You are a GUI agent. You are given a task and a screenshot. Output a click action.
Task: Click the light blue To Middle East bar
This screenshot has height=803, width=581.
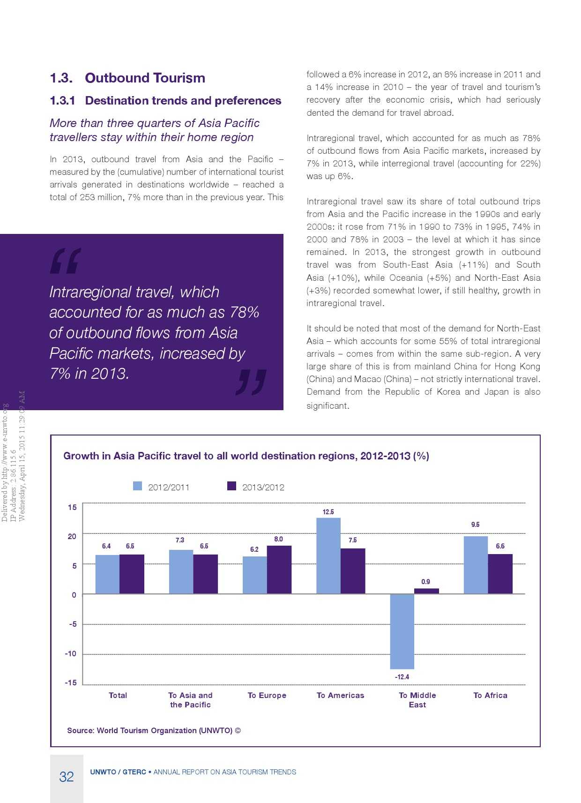pos(402,631)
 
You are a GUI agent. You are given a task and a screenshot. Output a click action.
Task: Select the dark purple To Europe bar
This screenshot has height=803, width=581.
pos(279,570)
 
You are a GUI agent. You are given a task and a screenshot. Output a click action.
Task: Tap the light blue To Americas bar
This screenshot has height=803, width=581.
pos(328,555)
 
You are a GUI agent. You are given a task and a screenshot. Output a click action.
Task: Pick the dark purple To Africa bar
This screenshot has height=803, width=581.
pos(500,574)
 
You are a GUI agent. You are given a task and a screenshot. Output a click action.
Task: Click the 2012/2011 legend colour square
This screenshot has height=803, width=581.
pos(137,486)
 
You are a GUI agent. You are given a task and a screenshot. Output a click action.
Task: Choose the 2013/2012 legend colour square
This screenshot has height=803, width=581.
pos(231,486)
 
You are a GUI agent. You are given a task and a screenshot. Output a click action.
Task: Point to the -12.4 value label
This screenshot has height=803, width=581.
pos(402,677)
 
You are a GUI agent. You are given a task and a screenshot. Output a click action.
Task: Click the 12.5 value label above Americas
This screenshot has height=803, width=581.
pos(328,512)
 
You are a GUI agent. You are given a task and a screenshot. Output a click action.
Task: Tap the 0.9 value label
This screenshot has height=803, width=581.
pos(425,582)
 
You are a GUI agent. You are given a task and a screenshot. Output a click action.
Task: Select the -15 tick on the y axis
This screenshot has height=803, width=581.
pos(71,683)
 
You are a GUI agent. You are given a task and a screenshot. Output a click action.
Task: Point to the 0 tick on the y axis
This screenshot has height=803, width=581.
pos(74,595)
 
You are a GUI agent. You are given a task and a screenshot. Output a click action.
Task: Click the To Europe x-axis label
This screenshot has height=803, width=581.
pos(267,695)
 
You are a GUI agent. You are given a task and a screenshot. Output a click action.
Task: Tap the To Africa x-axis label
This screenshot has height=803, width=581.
pos(490,695)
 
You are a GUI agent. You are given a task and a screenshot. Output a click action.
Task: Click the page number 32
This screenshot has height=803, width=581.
pos(67,777)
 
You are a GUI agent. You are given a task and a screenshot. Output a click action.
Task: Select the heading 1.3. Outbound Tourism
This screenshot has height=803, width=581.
pos(127,78)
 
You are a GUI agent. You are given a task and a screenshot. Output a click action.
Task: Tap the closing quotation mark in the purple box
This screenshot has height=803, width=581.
pos(251,382)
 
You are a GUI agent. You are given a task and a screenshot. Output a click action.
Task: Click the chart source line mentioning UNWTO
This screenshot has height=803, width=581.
pos(154,730)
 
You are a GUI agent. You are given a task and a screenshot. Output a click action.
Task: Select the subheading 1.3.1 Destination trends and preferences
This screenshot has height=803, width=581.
pos(165,101)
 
